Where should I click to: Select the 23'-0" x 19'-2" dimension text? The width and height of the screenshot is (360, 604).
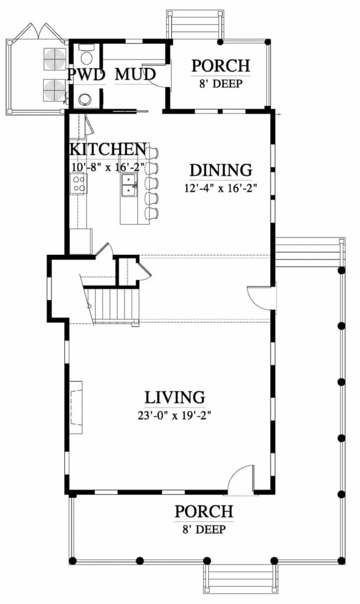click(x=175, y=415)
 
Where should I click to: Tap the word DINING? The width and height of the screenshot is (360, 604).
click(x=220, y=170)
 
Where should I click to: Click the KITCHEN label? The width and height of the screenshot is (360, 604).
click(x=108, y=149)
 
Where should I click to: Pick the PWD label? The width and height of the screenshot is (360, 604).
click(x=86, y=75)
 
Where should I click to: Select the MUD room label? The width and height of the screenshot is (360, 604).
click(x=135, y=75)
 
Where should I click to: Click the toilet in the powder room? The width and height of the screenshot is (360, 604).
click(x=86, y=57)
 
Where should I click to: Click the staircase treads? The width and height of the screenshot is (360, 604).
click(x=112, y=304)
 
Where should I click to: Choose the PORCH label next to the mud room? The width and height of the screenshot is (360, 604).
click(x=220, y=65)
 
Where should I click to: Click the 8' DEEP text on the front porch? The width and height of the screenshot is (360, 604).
click(x=203, y=529)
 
